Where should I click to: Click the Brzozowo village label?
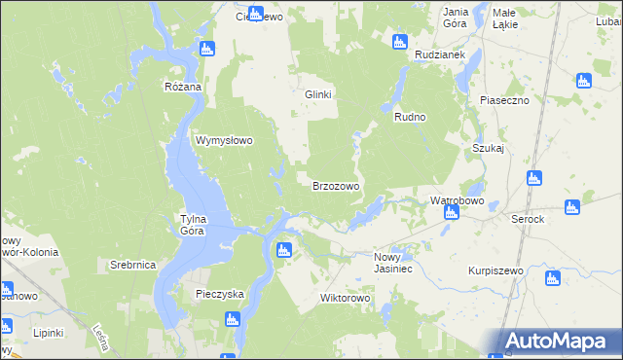(336, 186)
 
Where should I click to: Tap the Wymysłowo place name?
(225, 140)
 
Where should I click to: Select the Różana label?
(182, 87)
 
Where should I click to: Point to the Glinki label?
(319, 94)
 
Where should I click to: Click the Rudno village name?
(411, 117)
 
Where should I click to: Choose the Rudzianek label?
(436, 55)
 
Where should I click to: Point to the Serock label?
(528, 219)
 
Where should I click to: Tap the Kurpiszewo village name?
(495, 270)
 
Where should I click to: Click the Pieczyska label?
(219, 293)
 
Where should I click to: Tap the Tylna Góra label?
(192, 225)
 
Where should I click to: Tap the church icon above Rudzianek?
(398, 41)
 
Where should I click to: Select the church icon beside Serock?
(572, 207)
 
